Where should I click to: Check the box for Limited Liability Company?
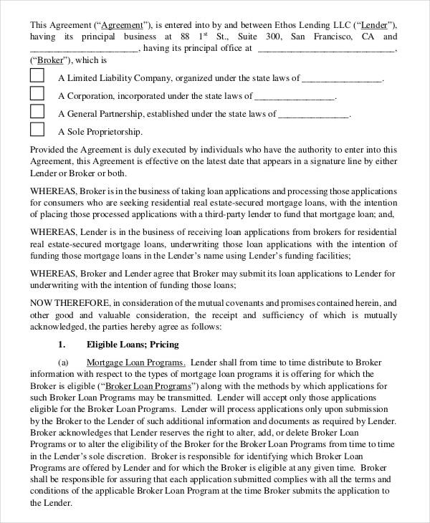point(37,77)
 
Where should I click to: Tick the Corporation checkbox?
point(37,94)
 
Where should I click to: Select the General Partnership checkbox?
point(37,112)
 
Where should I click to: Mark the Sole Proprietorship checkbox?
point(37,130)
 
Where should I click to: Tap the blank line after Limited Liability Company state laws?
point(343,78)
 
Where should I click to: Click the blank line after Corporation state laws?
point(295,96)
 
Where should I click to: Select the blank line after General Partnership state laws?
point(313,114)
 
